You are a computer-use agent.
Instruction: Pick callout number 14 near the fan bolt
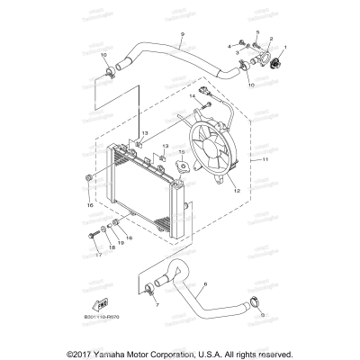pyautogui.click(x=192, y=94)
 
